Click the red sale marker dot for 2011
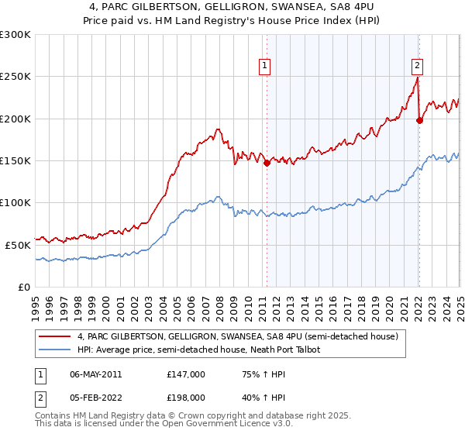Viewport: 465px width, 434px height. coord(267,164)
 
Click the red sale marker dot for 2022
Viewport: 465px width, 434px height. coord(419,120)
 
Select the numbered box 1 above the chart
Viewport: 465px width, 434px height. coord(265,66)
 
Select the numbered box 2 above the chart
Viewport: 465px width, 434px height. coord(417,66)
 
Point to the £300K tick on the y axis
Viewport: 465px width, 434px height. coord(15,35)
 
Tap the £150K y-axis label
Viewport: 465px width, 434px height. coord(15,160)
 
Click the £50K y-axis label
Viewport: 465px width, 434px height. coord(18,244)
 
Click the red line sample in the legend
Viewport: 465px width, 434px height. coord(55,336)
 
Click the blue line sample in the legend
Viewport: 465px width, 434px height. coord(55,350)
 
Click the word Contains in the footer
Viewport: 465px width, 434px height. coord(55,417)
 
